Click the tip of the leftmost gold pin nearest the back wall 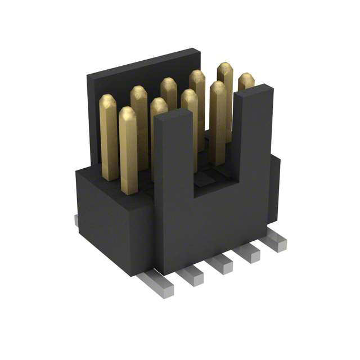tap(107, 101)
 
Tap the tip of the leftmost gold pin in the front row tap(128, 113)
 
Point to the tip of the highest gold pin tap(225, 68)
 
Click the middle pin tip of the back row tap(168, 84)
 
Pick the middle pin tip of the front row tap(190, 96)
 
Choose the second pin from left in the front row tap(159, 105)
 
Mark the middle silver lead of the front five tap(219, 264)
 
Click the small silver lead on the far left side tap(76, 220)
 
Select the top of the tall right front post tap(254, 91)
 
